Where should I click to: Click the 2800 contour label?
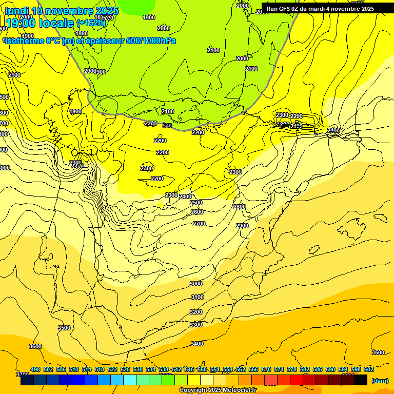pyautogui.click(x=240, y=207)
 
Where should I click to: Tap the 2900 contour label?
pyautogui.click(x=242, y=226)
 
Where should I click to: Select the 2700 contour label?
pyautogui.click(x=199, y=224)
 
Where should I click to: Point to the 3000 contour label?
pyautogui.click(x=196, y=284)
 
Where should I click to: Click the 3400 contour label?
pyautogui.click(x=197, y=344)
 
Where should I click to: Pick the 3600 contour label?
pyautogui.click(x=35, y=346)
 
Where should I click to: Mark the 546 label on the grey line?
pyautogui.click(x=167, y=126)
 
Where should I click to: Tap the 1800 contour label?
pyautogui.click(x=81, y=33)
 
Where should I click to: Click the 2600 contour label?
pyautogui.click(x=196, y=212)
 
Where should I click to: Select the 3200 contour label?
pyautogui.click(x=196, y=312)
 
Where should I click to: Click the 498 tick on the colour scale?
pyautogui.click(x=35, y=369)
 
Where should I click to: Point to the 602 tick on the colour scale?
pyautogui.click(x=368, y=369)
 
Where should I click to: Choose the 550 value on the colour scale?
pyautogui.click(x=202, y=369)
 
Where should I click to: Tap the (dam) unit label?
pyautogui.click(x=380, y=381)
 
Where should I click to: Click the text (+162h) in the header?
pyautogui.click(x=91, y=23)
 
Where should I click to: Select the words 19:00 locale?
pyautogui.click(x=39, y=23)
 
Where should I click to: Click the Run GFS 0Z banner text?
pyautogui.click(x=320, y=9)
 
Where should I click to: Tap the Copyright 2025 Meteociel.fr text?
pyautogui.click(x=218, y=390)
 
